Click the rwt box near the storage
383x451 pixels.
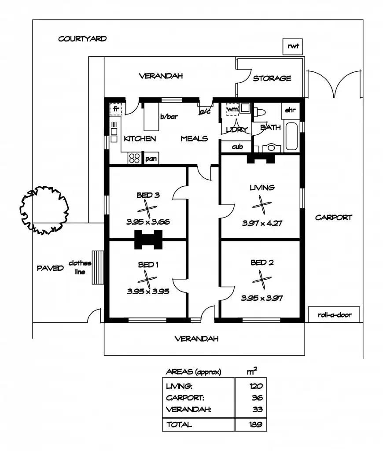pos(292,46)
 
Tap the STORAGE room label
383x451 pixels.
pos(272,78)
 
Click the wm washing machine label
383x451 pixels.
pos(232,108)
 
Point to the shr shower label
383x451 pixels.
pos(290,110)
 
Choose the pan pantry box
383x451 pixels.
pos(151,158)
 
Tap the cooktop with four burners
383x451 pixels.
pos(135,158)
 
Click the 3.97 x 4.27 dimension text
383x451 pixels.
pos(262,223)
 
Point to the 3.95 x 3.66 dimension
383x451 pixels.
pos(147,222)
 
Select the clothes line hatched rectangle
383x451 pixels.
pos(97,262)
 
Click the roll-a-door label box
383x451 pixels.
pos(334,315)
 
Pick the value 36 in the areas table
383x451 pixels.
pos(257,398)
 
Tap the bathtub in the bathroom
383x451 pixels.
pos(292,136)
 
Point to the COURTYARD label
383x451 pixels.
pos(82,39)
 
